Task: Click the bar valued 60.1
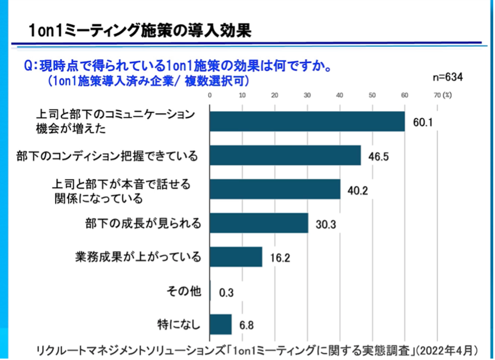tap(307, 121)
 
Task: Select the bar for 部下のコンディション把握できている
tap(285, 155)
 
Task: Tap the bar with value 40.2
tap(275, 189)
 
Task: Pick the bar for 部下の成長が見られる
tap(259, 223)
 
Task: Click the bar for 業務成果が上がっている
tap(236, 257)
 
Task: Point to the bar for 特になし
tap(221, 324)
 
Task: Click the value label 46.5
tap(378, 156)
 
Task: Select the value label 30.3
tap(325, 224)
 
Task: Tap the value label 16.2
tap(280, 258)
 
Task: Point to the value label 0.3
tap(226, 293)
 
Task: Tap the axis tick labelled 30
tap(307, 95)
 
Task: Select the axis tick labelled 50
tap(372, 95)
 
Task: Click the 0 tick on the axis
tap(210, 95)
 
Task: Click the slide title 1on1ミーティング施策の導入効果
tap(141, 29)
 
